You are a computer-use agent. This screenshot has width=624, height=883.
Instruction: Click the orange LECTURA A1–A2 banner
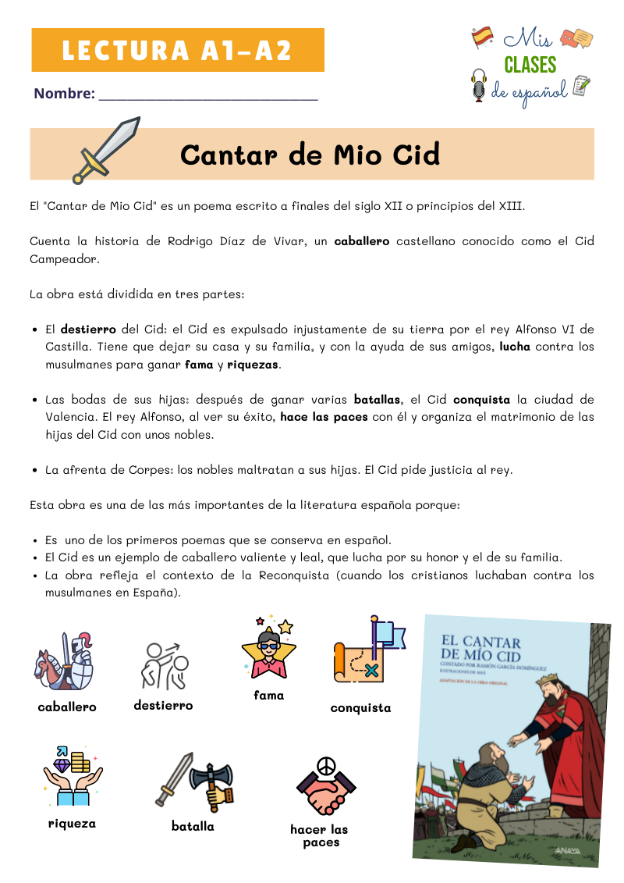click(x=178, y=50)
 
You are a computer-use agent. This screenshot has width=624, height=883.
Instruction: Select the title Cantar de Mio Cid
click(x=310, y=155)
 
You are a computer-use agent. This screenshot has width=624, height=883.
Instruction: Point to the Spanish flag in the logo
click(x=483, y=36)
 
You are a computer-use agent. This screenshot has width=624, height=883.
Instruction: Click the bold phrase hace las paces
click(x=324, y=417)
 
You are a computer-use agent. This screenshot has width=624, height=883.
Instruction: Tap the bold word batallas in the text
click(x=378, y=400)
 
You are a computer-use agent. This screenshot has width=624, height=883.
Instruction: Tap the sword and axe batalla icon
click(x=194, y=783)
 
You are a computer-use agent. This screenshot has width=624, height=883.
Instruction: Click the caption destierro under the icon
click(x=163, y=705)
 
